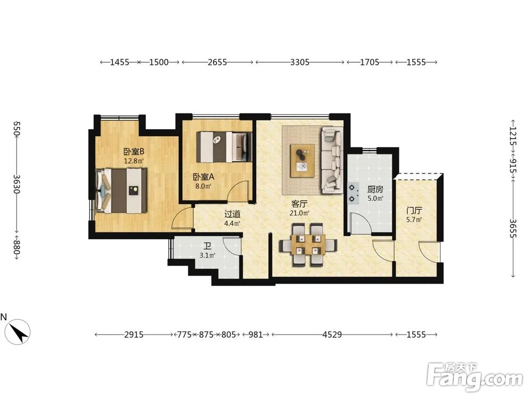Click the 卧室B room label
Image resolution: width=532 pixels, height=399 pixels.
134,151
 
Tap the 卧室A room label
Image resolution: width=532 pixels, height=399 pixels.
204,177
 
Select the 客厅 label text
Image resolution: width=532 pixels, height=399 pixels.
299,204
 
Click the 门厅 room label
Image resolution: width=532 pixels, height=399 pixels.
414,211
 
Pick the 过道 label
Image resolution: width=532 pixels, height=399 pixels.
232,214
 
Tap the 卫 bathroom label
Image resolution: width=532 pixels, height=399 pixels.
207,246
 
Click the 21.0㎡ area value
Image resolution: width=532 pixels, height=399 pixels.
299,213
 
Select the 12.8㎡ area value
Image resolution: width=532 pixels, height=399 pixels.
134,161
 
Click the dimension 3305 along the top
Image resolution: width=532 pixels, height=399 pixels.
300,62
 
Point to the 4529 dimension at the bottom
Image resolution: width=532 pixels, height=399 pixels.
332,335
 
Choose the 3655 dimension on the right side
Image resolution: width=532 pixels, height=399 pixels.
513,229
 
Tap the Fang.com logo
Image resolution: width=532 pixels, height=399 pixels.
475,377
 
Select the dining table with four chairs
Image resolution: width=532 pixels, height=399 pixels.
308,244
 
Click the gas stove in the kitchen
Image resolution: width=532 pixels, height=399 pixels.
353,193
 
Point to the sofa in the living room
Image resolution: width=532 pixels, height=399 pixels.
332,160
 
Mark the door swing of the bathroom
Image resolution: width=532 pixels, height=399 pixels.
232,245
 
